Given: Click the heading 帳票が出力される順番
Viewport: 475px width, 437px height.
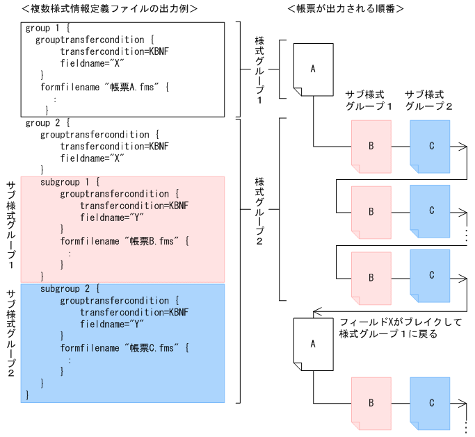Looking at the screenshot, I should point(346,8).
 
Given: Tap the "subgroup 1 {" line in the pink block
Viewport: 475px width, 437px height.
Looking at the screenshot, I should point(70,182).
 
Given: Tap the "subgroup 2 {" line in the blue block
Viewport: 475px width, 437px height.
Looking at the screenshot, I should point(70,288).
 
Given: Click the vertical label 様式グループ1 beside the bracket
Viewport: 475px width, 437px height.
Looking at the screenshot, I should point(259,69).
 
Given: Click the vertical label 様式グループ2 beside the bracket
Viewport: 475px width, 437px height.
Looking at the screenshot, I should point(259,209).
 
